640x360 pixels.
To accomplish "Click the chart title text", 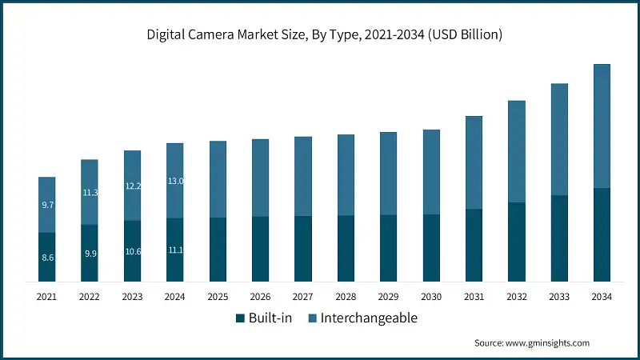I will point(320,34).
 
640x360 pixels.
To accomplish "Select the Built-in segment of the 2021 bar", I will point(47,258).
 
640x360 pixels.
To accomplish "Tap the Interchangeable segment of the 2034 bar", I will point(602,126).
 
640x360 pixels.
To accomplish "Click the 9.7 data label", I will point(47,206).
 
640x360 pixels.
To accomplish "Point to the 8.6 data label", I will point(47,258).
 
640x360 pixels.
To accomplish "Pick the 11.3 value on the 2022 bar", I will point(90,193).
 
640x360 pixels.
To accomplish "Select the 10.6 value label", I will point(133,252).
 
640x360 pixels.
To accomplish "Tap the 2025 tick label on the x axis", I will point(218,297).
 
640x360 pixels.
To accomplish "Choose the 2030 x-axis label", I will point(431,297).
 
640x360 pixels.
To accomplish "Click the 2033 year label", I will point(559,297).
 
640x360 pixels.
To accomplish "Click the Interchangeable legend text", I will point(369,318).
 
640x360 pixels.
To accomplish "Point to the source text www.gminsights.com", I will point(532,343).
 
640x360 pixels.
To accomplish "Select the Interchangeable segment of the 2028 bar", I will point(346,175).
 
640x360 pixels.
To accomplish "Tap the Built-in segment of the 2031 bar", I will point(474,246).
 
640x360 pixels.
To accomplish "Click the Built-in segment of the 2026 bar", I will point(261,249).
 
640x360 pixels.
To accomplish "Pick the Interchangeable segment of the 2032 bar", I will point(517,152).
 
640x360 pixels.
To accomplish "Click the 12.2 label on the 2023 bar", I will point(133,186).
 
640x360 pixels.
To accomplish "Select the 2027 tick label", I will point(303,297).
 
